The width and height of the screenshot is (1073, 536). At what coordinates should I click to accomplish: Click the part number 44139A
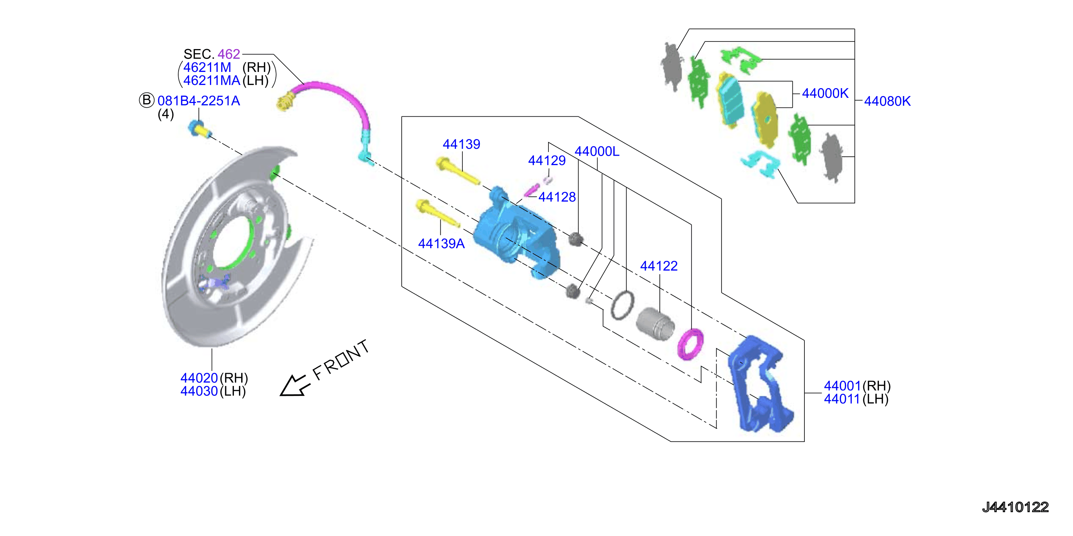click(441, 243)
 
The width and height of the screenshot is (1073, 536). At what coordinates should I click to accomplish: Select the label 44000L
click(597, 151)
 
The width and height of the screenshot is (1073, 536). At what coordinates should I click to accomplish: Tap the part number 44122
click(659, 266)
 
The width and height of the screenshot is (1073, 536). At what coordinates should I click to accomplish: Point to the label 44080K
click(887, 101)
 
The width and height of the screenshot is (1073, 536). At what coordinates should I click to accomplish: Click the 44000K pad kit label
click(825, 93)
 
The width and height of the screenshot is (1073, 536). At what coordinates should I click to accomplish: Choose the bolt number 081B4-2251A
click(199, 101)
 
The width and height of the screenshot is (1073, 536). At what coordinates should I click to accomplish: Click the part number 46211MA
click(211, 80)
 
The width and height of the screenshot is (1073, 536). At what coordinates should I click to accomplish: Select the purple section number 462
click(229, 54)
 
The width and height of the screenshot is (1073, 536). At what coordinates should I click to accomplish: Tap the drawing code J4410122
click(1015, 507)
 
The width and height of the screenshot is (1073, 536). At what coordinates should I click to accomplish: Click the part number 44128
click(557, 197)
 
